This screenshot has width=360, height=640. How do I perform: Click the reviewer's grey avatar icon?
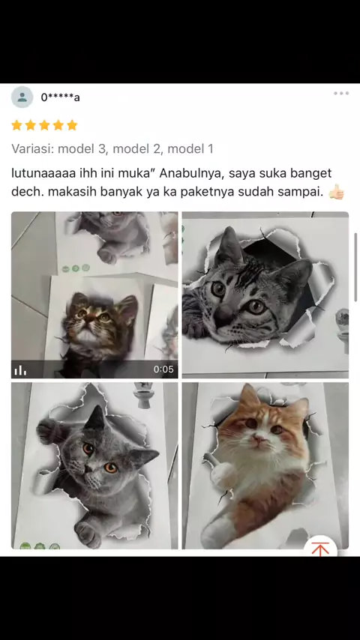click(x=22, y=97)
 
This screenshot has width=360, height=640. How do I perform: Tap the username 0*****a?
click(x=60, y=97)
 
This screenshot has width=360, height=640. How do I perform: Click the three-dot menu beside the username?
click(x=341, y=94)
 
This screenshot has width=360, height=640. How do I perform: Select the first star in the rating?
click(x=16, y=125)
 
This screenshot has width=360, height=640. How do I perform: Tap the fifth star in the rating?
click(x=72, y=125)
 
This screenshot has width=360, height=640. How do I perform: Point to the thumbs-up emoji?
click(x=337, y=191)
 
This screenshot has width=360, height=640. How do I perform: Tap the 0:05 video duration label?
click(x=163, y=369)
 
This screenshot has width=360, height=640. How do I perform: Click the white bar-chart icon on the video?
click(x=20, y=369)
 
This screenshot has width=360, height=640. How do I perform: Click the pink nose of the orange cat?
click(x=258, y=439)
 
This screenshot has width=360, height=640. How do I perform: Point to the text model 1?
click(x=190, y=148)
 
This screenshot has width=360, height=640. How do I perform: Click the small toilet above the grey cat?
click(x=144, y=394)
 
